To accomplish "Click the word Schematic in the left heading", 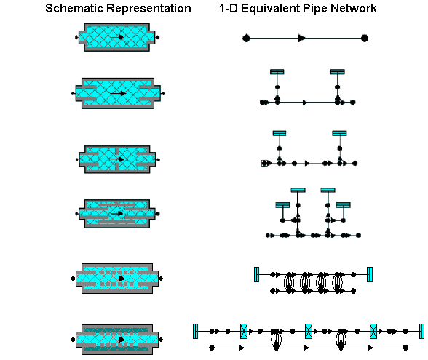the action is click(x=74, y=8).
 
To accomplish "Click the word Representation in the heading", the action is click(x=148, y=9).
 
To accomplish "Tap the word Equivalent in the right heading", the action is click(x=271, y=9).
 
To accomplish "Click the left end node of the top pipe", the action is click(x=246, y=38).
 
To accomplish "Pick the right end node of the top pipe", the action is click(x=365, y=38).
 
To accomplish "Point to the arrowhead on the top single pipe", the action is click(x=301, y=38).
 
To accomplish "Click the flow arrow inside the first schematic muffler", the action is click(x=116, y=37).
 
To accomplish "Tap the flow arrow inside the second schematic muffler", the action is click(x=118, y=94).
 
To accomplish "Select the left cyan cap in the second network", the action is click(x=277, y=72).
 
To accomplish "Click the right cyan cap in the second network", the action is click(x=338, y=72).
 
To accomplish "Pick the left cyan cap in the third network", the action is click(x=280, y=133).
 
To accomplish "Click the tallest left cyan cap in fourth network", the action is click(x=298, y=190).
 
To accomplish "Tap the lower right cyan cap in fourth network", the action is click(x=343, y=205).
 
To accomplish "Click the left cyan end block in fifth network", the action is click(x=256, y=274).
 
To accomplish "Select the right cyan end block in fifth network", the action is click(x=370, y=274).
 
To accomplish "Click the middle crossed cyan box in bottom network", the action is click(x=309, y=332).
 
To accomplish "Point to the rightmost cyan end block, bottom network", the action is click(x=421, y=332).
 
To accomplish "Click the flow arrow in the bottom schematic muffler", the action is click(x=117, y=340).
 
